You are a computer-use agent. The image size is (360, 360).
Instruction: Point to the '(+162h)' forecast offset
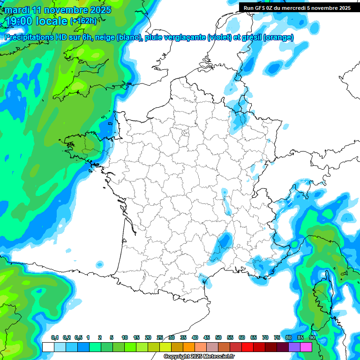pos(83,21)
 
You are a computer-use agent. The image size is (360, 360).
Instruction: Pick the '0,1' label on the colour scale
pos(54,337)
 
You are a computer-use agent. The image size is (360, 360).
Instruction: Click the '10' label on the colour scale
pos(124,337)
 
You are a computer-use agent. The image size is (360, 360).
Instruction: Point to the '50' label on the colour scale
pos(218,337)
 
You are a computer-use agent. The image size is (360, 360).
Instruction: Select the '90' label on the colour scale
pos(312,337)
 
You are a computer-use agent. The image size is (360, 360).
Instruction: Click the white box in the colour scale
pos(48,347)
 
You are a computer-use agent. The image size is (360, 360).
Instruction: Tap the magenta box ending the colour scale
pos(306,347)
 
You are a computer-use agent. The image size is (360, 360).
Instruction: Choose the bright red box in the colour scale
pos(247,347)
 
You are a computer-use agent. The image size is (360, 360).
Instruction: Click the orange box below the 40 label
pos(188,347)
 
